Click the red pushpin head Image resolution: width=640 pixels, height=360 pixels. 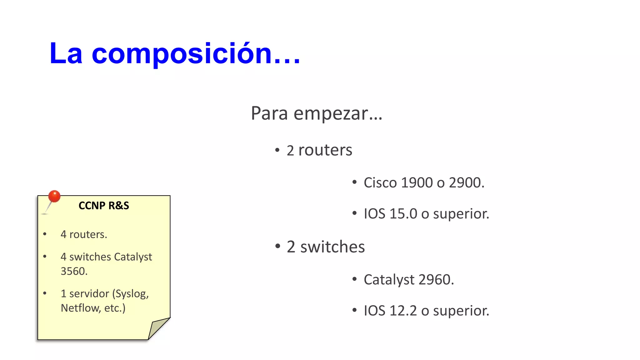(x=54, y=196)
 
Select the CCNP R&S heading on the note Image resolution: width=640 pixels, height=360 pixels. (x=104, y=206)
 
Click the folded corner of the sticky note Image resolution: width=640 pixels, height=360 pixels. (x=158, y=328)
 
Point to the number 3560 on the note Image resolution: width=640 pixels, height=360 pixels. (x=74, y=271)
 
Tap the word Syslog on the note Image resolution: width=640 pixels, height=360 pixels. (x=132, y=294)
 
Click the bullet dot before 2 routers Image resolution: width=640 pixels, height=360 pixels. (x=277, y=150)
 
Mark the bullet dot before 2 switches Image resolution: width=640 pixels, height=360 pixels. (x=277, y=247)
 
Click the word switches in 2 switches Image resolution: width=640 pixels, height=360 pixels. (x=332, y=247)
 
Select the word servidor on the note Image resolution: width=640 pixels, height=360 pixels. (x=89, y=294)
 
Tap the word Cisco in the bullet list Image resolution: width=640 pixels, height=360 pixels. (x=380, y=183)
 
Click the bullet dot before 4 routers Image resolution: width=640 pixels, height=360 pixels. (x=45, y=234)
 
